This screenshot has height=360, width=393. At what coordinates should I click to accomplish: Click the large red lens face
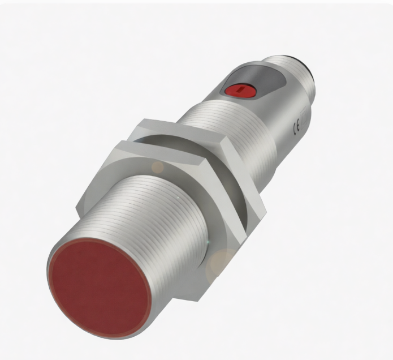100,288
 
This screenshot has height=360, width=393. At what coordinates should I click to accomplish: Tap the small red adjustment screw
240,91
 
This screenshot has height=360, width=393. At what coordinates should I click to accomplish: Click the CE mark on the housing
296,130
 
